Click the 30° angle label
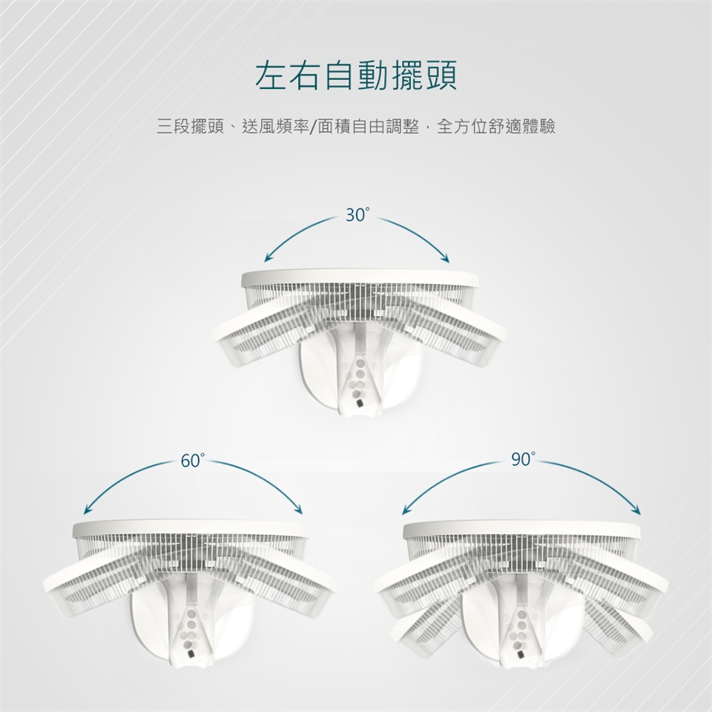[x=357, y=215]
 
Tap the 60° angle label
[x=193, y=461]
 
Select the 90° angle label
[x=523, y=460]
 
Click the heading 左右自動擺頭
[x=356, y=75]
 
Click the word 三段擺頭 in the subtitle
[x=191, y=126]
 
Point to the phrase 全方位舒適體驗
[x=496, y=126]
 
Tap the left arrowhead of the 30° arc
[x=268, y=258]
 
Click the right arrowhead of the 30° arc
[x=446, y=258]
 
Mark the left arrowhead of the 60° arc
[x=88, y=510]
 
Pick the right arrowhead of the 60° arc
[x=298, y=510]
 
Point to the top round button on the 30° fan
[x=360, y=363]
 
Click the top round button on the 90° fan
[x=521, y=615]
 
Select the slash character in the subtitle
[x=313, y=127]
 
